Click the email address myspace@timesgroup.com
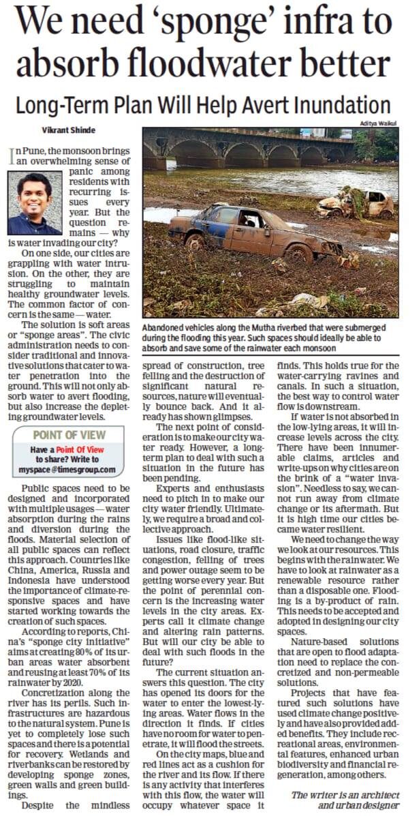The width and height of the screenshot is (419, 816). [x=67, y=470]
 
